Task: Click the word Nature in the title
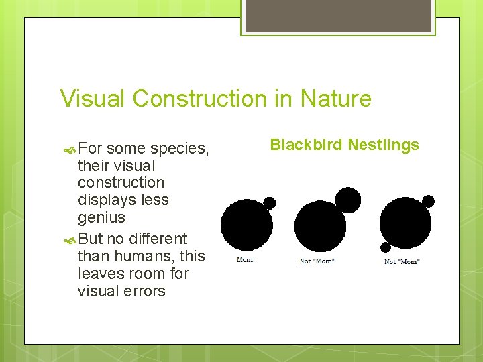pos(336,99)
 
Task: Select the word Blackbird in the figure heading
pos(305,145)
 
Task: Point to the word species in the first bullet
pos(178,148)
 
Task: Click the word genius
pos(101,217)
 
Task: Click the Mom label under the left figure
pos(245,260)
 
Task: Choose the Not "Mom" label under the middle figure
pos(317,261)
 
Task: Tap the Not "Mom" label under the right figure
pos(402,261)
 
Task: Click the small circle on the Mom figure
pos(269,202)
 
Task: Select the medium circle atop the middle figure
pos(347,199)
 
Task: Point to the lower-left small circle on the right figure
pos(386,247)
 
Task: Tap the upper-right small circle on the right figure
pos(428,201)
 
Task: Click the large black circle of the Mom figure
pos(246,225)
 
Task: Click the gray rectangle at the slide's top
pos(338,15)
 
